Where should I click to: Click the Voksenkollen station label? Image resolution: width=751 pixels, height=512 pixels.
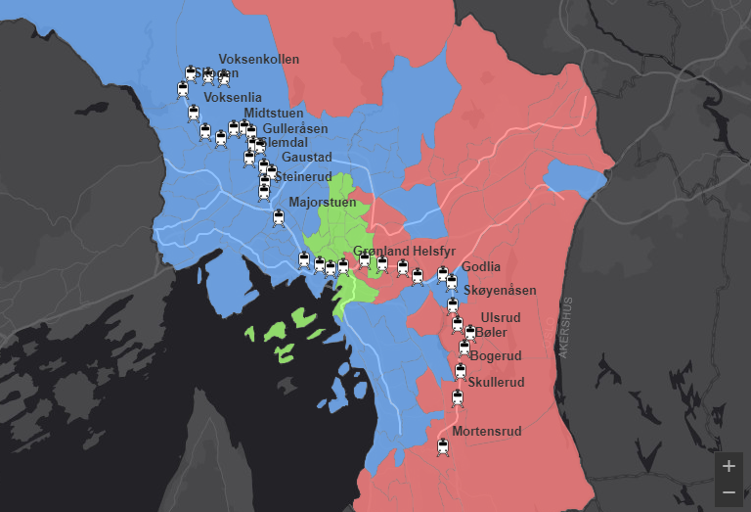click(x=258, y=60)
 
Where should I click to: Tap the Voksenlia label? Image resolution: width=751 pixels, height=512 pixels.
click(x=232, y=98)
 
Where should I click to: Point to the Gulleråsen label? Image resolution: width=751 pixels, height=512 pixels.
click(x=295, y=129)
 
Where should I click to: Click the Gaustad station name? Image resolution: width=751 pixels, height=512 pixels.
click(x=306, y=158)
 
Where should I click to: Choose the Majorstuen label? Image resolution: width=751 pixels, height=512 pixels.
click(x=323, y=203)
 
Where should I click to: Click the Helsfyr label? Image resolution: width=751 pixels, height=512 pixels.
click(x=434, y=252)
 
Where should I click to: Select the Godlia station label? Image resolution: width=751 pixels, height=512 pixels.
click(x=481, y=267)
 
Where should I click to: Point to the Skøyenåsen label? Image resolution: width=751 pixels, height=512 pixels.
click(x=501, y=292)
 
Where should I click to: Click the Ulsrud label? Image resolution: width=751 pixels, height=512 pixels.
click(x=501, y=318)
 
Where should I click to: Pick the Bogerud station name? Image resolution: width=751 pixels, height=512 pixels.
click(x=496, y=356)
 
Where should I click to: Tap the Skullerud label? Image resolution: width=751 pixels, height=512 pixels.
click(x=497, y=382)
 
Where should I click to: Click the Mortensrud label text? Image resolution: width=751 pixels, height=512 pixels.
click(x=487, y=432)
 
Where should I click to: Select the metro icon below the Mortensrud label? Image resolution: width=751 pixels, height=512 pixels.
click(x=443, y=448)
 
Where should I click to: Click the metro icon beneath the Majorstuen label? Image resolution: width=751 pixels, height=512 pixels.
click(x=279, y=218)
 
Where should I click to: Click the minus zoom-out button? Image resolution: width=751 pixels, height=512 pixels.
click(x=729, y=491)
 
